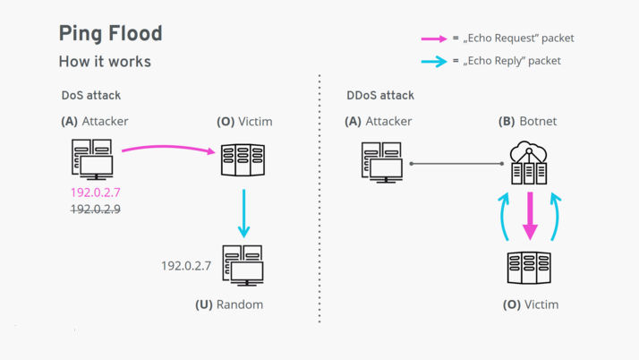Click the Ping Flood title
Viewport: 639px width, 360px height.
(x=110, y=34)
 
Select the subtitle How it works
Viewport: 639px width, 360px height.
(x=105, y=62)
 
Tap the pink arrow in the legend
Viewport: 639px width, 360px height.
(x=434, y=39)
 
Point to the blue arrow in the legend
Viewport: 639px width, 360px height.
(x=434, y=62)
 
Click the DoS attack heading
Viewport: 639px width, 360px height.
(x=91, y=96)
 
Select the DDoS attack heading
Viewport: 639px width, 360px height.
(x=380, y=96)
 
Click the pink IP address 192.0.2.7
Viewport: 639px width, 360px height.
(x=96, y=192)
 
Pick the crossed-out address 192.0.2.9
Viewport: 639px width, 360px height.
(x=96, y=210)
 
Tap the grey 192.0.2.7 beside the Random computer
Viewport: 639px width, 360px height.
(x=186, y=266)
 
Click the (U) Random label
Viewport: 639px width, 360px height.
(x=229, y=304)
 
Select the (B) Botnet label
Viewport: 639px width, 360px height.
(x=527, y=121)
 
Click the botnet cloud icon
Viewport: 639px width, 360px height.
(x=529, y=163)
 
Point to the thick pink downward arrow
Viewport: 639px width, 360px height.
(x=530, y=216)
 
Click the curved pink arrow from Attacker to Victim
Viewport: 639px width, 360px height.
(x=168, y=147)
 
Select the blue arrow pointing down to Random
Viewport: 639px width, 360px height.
(x=243, y=213)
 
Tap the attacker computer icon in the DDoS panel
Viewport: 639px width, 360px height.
(x=382, y=162)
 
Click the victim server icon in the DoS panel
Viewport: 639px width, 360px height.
(x=243, y=159)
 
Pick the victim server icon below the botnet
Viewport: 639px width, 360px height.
(x=529, y=268)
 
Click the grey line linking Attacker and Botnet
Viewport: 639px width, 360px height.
(x=456, y=164)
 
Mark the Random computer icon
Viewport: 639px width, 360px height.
(x=243, y=265)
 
